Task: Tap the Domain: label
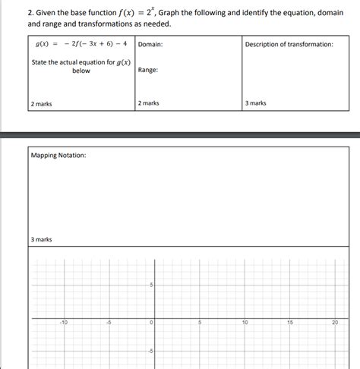click(150, 44)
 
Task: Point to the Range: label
click(148, 70)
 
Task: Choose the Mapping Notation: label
click(58, 156)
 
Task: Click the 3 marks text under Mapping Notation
click(42, 240)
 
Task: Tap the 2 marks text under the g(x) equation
click(42, 103)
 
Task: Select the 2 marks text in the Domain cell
click(149, 103)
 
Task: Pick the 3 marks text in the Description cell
click(256, 103)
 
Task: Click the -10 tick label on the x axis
click(64, 323)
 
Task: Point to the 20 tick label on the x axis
click(335, 323)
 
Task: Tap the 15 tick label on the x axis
click(290, 323)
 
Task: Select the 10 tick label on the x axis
click(245, 323)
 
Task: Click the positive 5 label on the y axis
click(150, 285)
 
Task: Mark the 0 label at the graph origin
click(152, 323)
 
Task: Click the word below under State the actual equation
click(81, 71)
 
